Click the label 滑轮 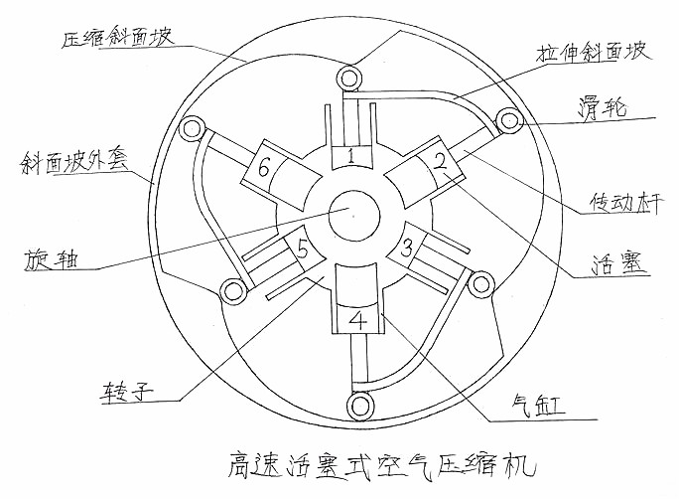599,107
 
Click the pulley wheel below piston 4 358,407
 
